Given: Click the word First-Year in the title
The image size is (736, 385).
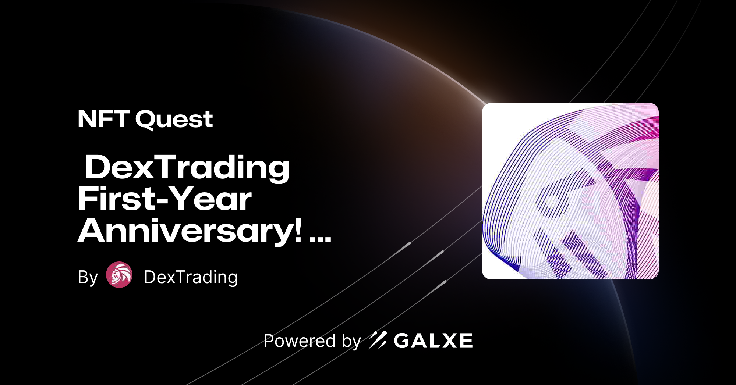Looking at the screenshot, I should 164,199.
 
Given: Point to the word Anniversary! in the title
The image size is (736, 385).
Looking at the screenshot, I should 190,231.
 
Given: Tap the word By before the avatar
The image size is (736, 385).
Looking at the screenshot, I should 88,277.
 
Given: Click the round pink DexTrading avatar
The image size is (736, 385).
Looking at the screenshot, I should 119,275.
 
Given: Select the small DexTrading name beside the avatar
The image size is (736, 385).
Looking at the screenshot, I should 191,277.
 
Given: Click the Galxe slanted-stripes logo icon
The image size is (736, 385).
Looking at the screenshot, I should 378,340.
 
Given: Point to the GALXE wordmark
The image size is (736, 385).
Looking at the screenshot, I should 433,341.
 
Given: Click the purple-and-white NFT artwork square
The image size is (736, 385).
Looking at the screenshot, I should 570,191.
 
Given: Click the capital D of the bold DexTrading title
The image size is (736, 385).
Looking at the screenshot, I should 98,167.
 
